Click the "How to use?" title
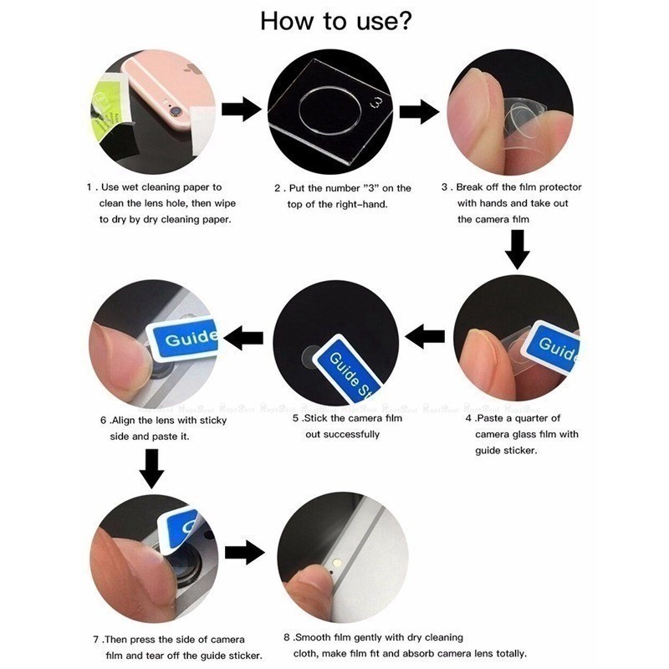(336, 22)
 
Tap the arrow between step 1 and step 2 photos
(241, 110)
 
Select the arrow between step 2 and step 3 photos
(420, 111)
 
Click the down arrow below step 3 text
(517, 249)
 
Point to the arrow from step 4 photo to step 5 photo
(425, 336)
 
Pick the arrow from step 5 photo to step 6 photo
(243, 338)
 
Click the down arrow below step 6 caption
(151, 469)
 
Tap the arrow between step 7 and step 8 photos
(245, 553)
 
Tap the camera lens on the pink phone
(176, 112)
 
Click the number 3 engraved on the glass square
(377, 103)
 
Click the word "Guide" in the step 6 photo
(192, 338)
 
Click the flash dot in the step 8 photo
(338, 563)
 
